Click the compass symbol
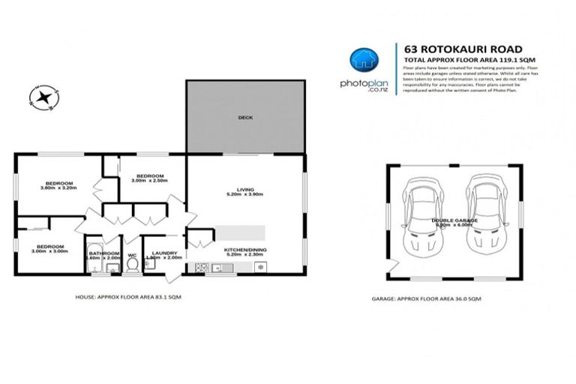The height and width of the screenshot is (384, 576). tap(43, 96)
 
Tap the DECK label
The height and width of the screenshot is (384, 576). tap(245, 117)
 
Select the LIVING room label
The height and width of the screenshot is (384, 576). tap(245, 187)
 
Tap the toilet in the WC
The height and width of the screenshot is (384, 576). tap(132, 264)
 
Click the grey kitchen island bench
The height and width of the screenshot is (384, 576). tap(241, 232)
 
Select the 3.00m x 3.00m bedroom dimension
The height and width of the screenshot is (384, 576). tap(49, 251)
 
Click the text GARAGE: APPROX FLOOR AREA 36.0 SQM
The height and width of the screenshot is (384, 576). tap(426, 298)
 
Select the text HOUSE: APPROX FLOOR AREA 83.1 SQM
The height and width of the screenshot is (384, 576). tap(127, 298)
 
